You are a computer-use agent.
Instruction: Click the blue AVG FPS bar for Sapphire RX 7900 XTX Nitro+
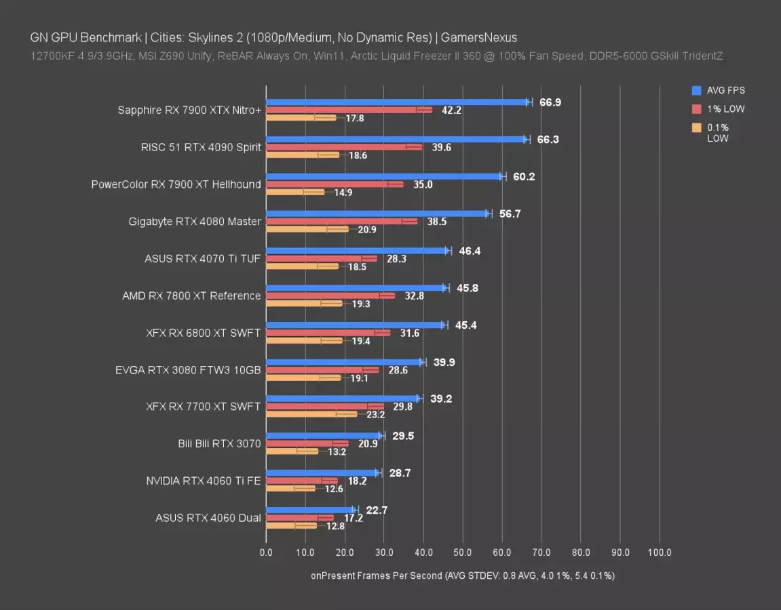tap(397, 102)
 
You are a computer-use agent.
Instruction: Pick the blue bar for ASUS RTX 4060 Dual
tap(311, 510)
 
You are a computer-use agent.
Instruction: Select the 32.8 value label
tap(413, 296)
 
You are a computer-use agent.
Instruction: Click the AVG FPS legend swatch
tap(696, 90)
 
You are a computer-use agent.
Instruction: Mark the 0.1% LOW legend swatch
tap(696, 127)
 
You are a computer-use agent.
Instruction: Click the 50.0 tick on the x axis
tap(463, 552)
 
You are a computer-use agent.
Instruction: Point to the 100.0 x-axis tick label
tap(660, 552)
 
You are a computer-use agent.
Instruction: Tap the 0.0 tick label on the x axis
tap(266, 552)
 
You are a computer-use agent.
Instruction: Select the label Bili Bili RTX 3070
tap(219, 444)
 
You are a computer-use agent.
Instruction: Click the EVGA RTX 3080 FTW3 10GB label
tap(188, 370)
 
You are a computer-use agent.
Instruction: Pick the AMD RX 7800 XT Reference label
tap(191, 296)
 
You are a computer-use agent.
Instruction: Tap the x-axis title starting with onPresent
tap(463, 575)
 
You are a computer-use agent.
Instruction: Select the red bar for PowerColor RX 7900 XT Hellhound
tap(335, 184)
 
